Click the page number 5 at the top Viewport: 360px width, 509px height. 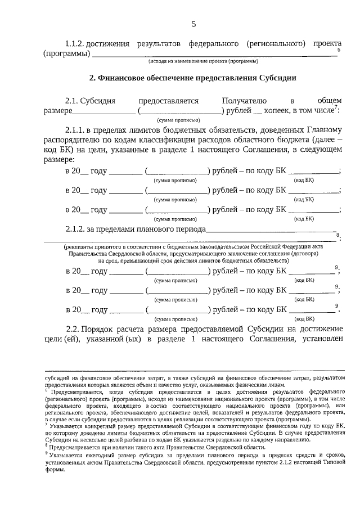(194, 24)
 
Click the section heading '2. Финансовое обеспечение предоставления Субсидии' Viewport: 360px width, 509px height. (193, 78)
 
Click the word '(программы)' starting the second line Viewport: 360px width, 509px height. (67, 54)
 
